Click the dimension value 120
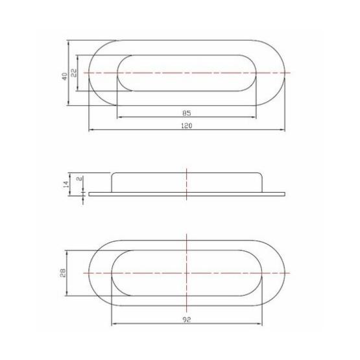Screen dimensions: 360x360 point(187,127)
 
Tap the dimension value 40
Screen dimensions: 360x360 point(65,75)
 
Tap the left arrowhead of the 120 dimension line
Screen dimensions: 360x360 point(91,132)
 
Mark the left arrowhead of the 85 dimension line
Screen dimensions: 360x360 point(118,117)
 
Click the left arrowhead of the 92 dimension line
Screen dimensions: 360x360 point(114,324)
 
